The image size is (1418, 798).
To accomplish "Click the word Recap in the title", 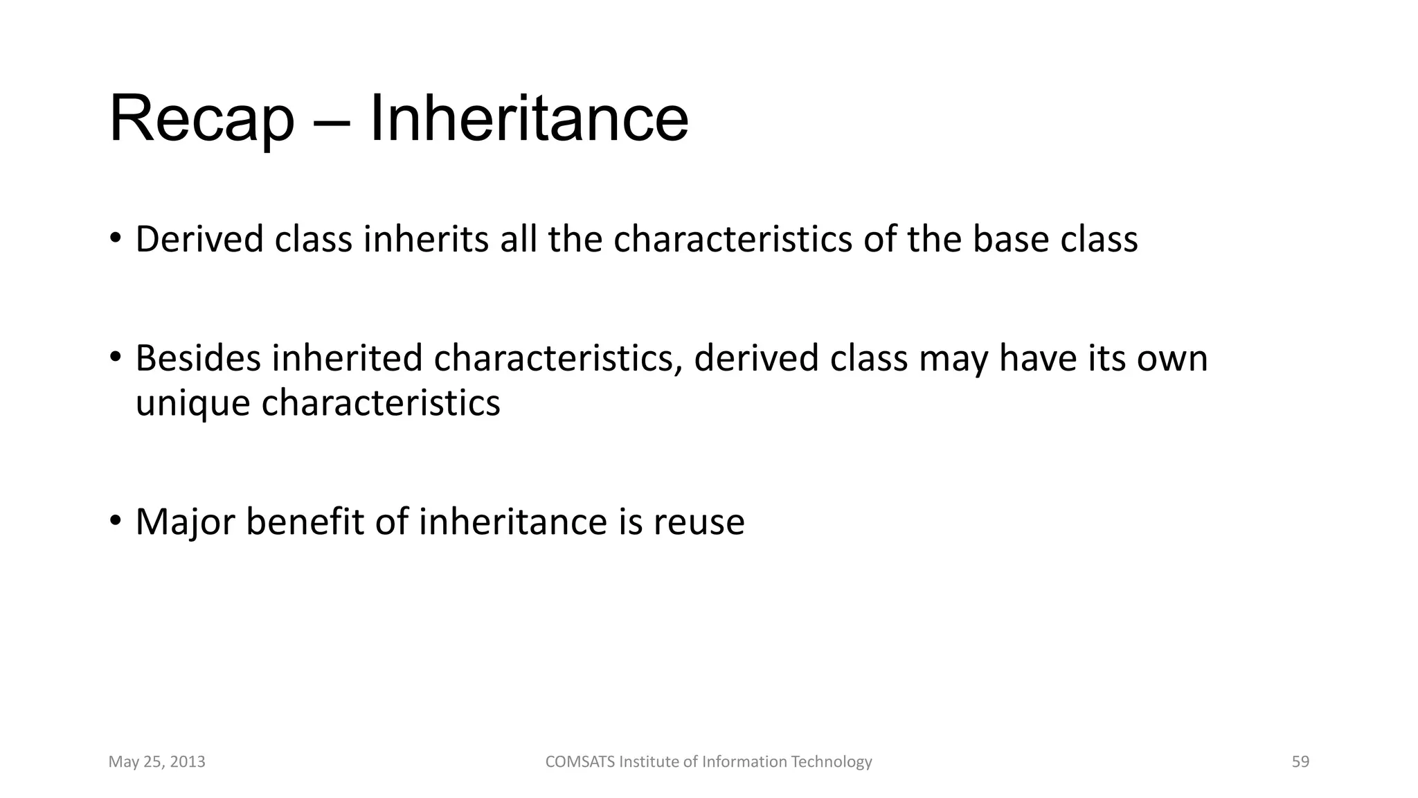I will (201, 120).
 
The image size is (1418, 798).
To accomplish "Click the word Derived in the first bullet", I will (199, 240).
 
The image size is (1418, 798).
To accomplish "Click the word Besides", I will (198, 359).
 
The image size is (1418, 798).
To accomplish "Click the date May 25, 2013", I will (156, 762).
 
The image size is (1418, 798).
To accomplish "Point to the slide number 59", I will (1300, 762).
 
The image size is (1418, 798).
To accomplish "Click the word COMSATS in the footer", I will (580, 762).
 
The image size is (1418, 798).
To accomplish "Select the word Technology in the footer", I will (831, 762).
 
